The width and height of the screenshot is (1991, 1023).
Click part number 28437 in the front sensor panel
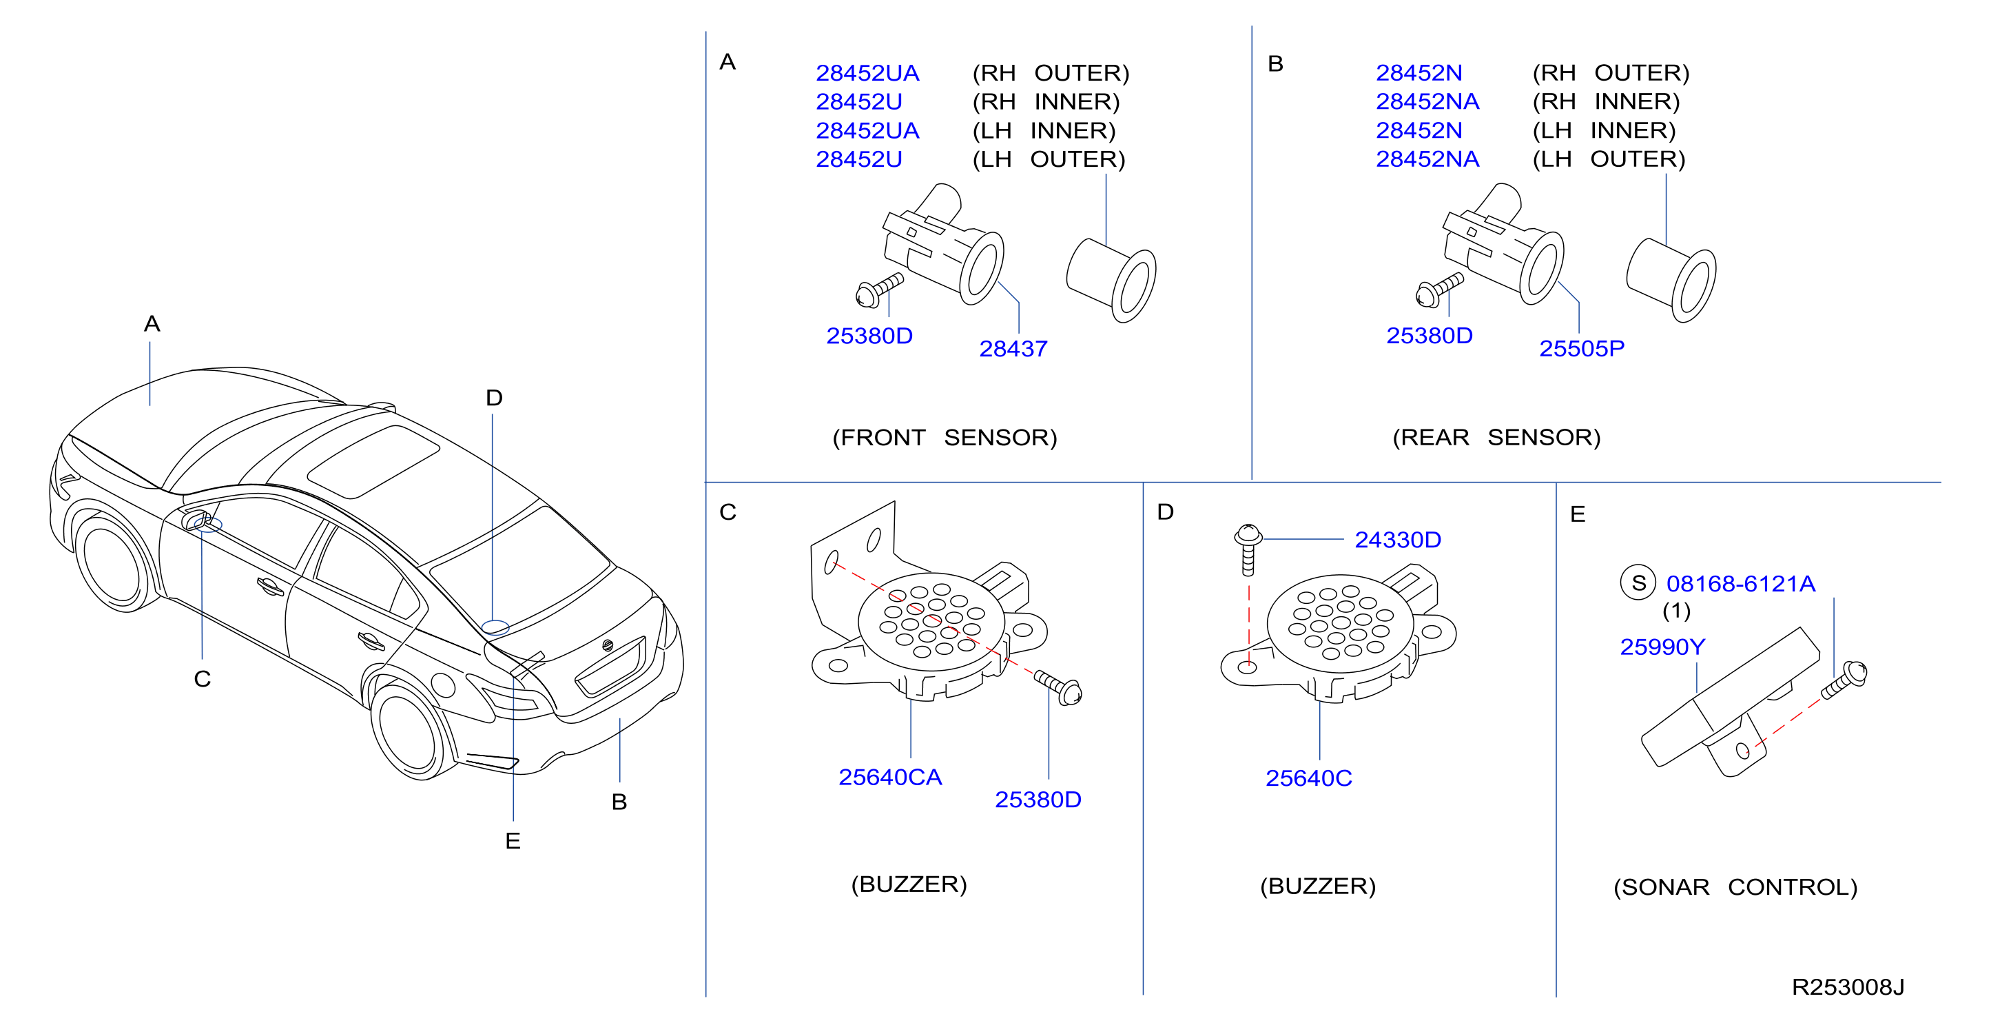pos(1013,349)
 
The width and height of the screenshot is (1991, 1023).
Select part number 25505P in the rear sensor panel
pos(1581,349)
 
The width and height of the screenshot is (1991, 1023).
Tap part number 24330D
pos(1397,540)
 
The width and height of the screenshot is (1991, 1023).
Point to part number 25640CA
pos(889,777)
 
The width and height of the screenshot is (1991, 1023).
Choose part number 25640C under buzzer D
pos(1308,778)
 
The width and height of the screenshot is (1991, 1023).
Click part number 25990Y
pos(1662,647)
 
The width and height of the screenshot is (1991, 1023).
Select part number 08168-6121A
pos(1741,584)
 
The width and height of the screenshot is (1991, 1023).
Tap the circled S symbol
pos(1638,583)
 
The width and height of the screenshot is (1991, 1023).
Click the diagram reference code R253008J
pos(1847,987)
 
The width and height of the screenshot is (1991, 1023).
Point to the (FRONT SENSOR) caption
pos(945,438)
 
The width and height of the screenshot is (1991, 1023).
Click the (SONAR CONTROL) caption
pos(1735,887)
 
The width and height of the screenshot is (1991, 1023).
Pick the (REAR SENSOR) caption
pos(1496,438)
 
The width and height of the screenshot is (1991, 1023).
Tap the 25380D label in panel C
pos(1038,800)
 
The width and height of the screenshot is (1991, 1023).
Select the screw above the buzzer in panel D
pos(1248,549)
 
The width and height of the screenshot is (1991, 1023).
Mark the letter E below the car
pos(513,841)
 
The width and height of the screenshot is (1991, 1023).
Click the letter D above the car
pos(494,398)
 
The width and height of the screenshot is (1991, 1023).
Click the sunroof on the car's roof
pos(373,461)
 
